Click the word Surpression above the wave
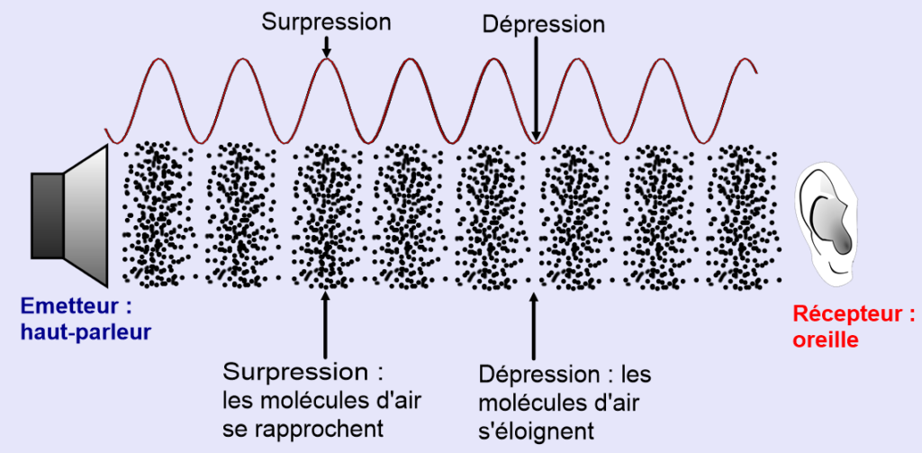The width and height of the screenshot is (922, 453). click(326, 23)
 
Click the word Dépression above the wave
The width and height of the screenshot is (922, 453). click(543, 23)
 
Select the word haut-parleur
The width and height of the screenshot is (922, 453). click(86, 332)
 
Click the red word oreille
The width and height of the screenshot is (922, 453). click(826, 340)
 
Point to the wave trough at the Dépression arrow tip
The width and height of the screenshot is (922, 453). click(537, 140)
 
